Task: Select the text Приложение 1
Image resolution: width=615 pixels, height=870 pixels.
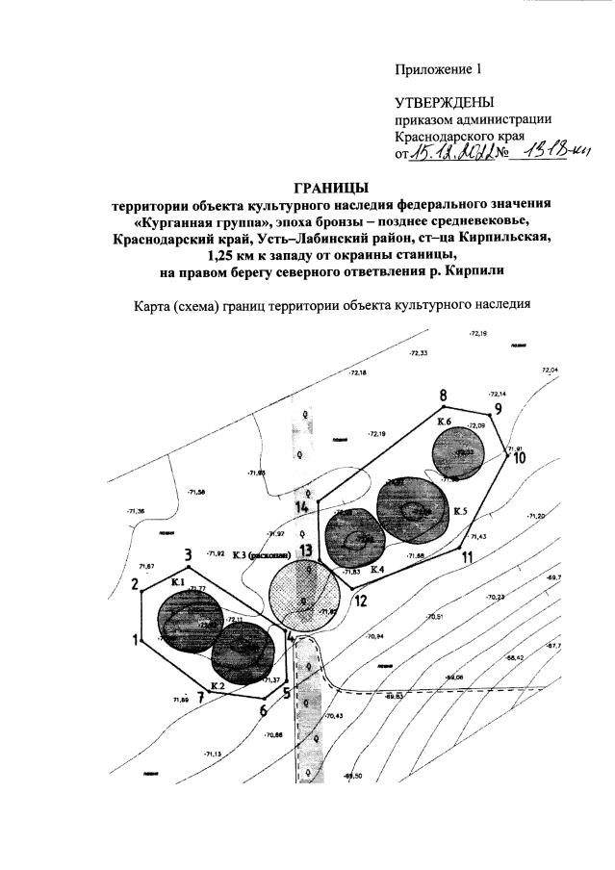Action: tap(437, 69)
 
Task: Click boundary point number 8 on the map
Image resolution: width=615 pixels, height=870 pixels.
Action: tap(444, 396)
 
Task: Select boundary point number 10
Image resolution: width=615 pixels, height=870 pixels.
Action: tap(519, 457)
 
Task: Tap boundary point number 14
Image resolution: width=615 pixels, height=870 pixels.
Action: tap(302, 505)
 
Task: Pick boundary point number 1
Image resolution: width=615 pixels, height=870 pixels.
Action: tap(136, 638)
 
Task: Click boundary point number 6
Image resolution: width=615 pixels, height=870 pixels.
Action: tap(262, 710)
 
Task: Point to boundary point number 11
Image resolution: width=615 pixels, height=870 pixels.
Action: tap(466, 556)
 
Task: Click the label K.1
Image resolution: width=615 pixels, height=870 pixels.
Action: tap(177, 582)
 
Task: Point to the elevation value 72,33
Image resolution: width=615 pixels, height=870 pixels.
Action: tap(418, 354)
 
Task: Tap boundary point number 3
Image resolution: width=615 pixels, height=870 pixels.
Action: tap(189, 554)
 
